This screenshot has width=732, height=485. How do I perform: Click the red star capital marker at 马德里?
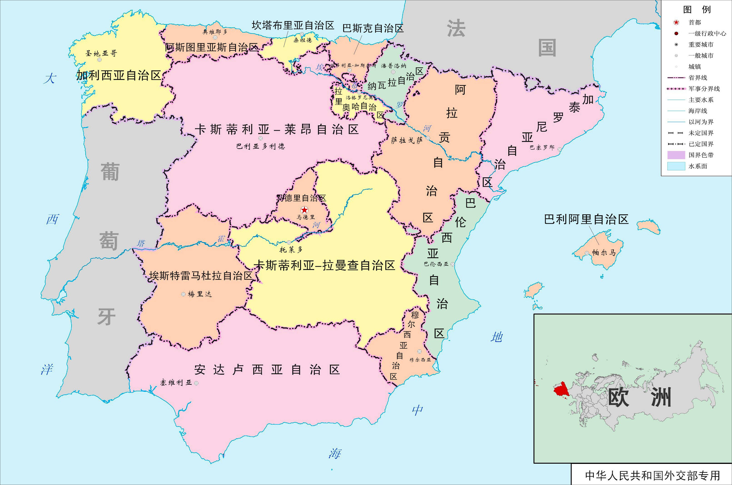[304, 210]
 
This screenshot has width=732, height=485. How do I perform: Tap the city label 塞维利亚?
[176, 383]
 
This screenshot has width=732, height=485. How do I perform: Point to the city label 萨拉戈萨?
[407, 140]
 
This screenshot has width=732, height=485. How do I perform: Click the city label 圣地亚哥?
[101, 53]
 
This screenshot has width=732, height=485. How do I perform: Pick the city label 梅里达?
[200, 294]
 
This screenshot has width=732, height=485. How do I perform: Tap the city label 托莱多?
[291, 249]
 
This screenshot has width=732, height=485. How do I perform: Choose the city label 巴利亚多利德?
[261, 146]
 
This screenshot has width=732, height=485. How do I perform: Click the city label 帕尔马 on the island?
[604, 252]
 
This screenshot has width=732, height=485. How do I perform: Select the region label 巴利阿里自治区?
[586, 219]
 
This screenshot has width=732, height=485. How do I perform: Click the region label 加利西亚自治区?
[119, 75]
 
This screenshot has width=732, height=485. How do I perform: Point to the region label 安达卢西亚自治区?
[267, 369]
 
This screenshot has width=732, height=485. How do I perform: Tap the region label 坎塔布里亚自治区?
[293, 25]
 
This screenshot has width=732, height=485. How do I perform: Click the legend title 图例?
[697, 9]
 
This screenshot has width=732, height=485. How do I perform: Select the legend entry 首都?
[695, 22]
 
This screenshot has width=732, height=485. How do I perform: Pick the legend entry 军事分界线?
[704, 89]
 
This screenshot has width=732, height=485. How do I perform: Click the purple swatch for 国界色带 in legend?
[676, 155]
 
